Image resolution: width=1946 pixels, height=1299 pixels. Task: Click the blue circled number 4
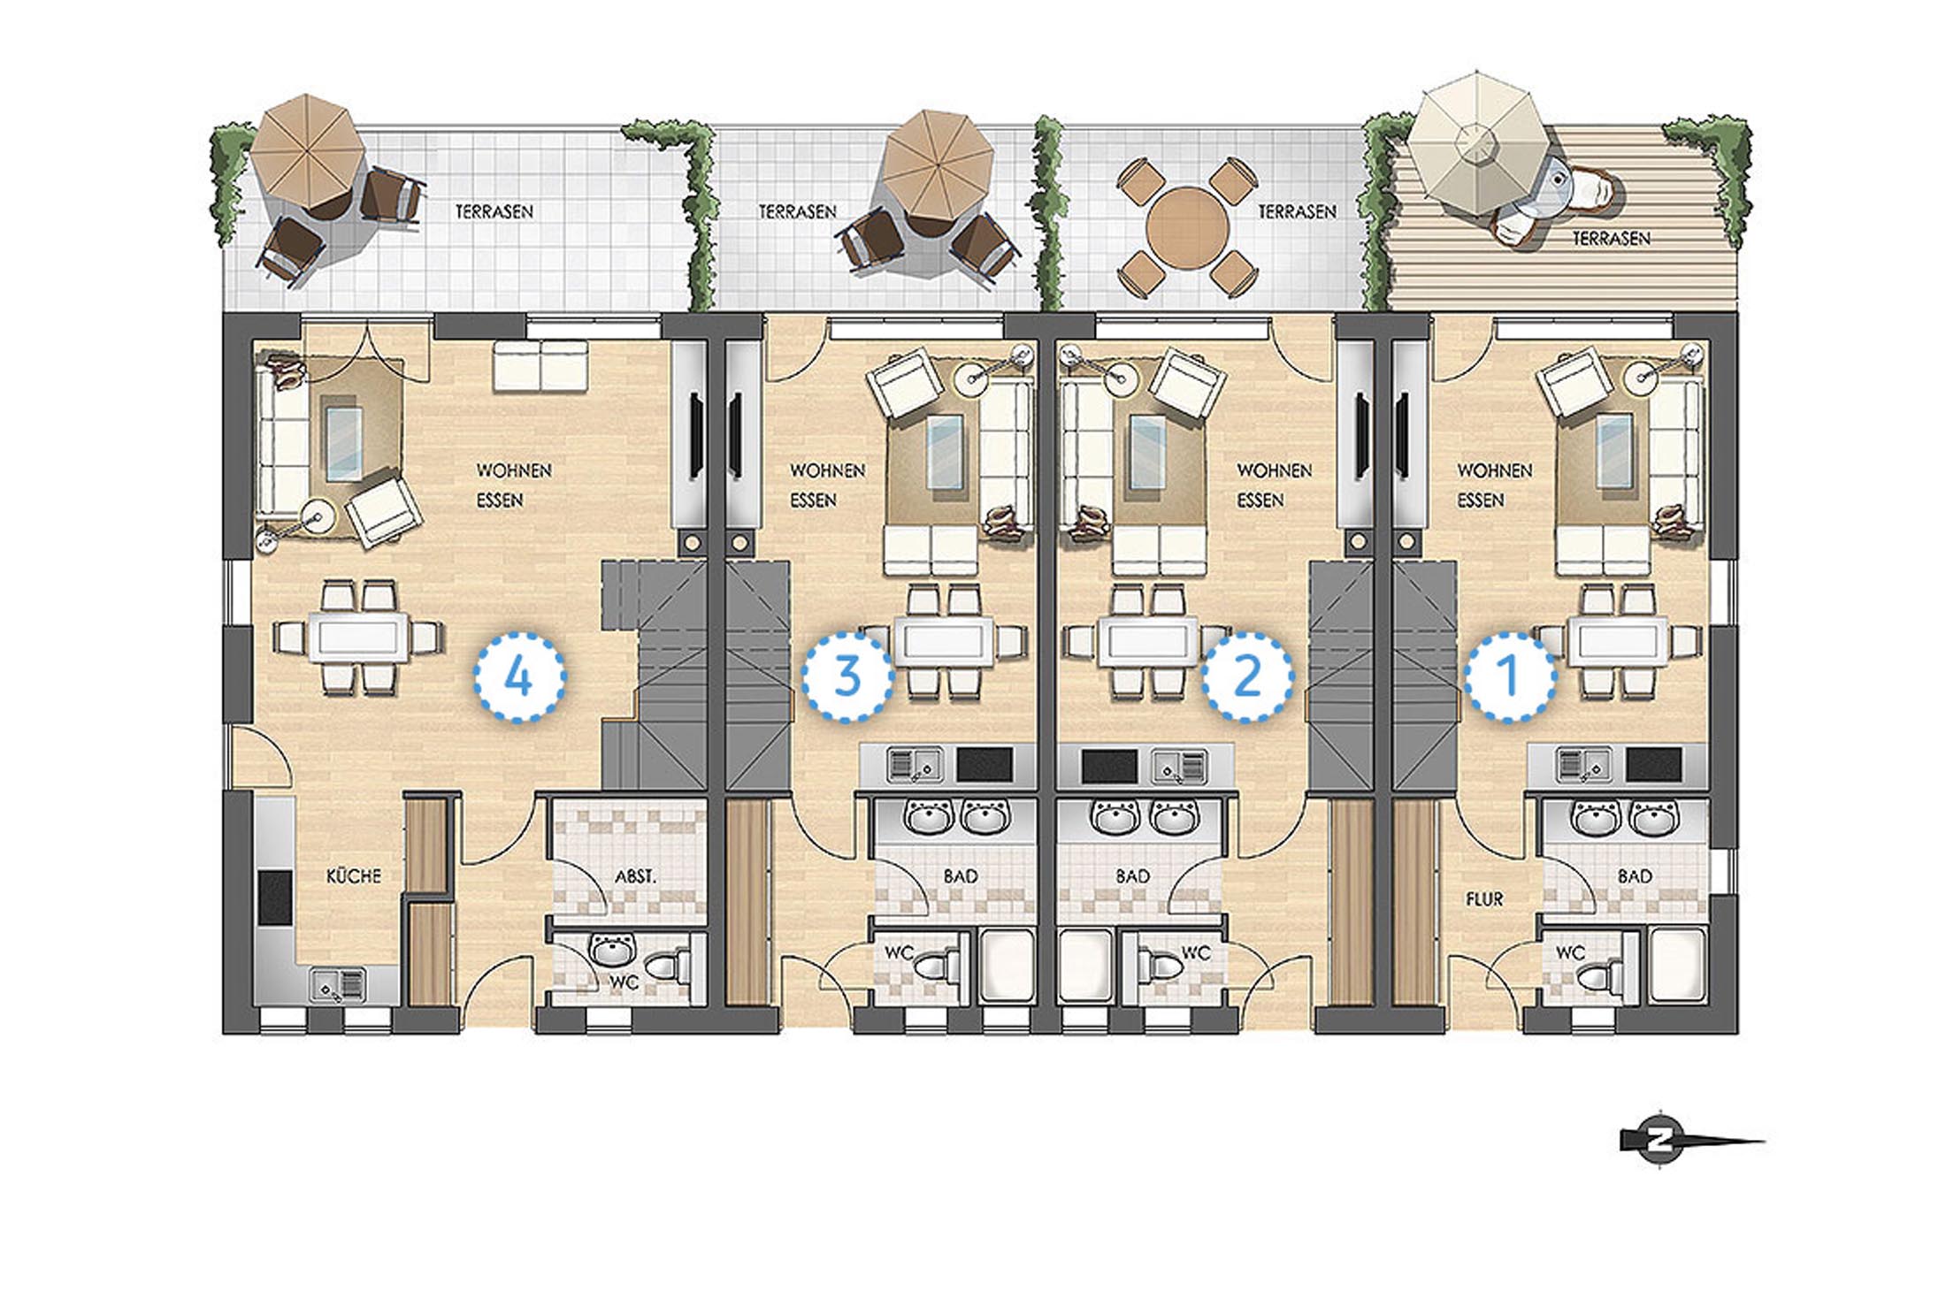click(x=519, y=677)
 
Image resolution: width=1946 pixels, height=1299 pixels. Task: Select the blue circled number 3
click(x=847, y=676)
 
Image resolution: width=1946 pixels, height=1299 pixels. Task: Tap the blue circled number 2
click(x=1247, y=676)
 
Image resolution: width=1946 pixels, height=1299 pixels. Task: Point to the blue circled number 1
click(x=1510, y=676)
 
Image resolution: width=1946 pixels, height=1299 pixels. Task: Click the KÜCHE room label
click(x=354, y=875)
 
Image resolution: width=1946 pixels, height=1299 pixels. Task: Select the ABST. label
click(x=636, y=876)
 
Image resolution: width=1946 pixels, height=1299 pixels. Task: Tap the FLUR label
click(x=1484, y=898)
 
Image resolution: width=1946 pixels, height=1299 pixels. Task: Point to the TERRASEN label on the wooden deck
click(x=1611, y=238)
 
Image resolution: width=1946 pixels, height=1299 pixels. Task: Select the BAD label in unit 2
click(x=1132, y=875)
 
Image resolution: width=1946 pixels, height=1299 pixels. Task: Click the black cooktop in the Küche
click(x=275, y=897)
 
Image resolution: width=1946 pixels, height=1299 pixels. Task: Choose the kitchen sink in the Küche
click(x=337, y=985)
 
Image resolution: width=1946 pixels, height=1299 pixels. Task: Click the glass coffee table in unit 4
click(x=342, y=439)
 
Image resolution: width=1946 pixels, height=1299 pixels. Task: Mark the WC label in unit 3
click(x=899, y=952)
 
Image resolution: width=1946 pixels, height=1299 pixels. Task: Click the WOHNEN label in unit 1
click(x=1494, y=470)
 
